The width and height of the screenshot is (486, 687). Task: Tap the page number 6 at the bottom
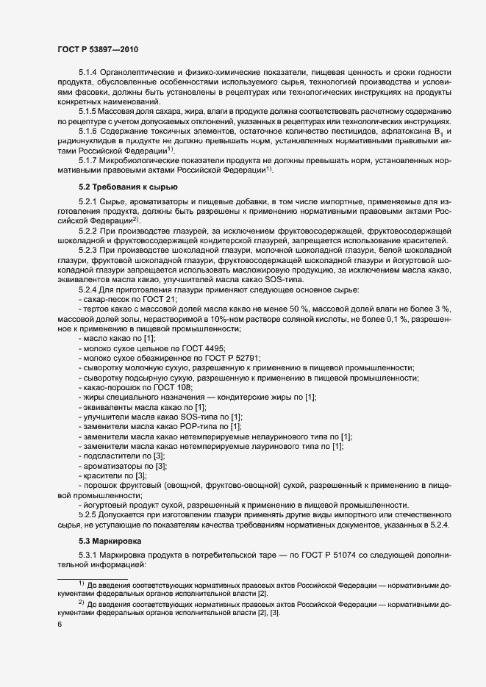click(x=59, y=625)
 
